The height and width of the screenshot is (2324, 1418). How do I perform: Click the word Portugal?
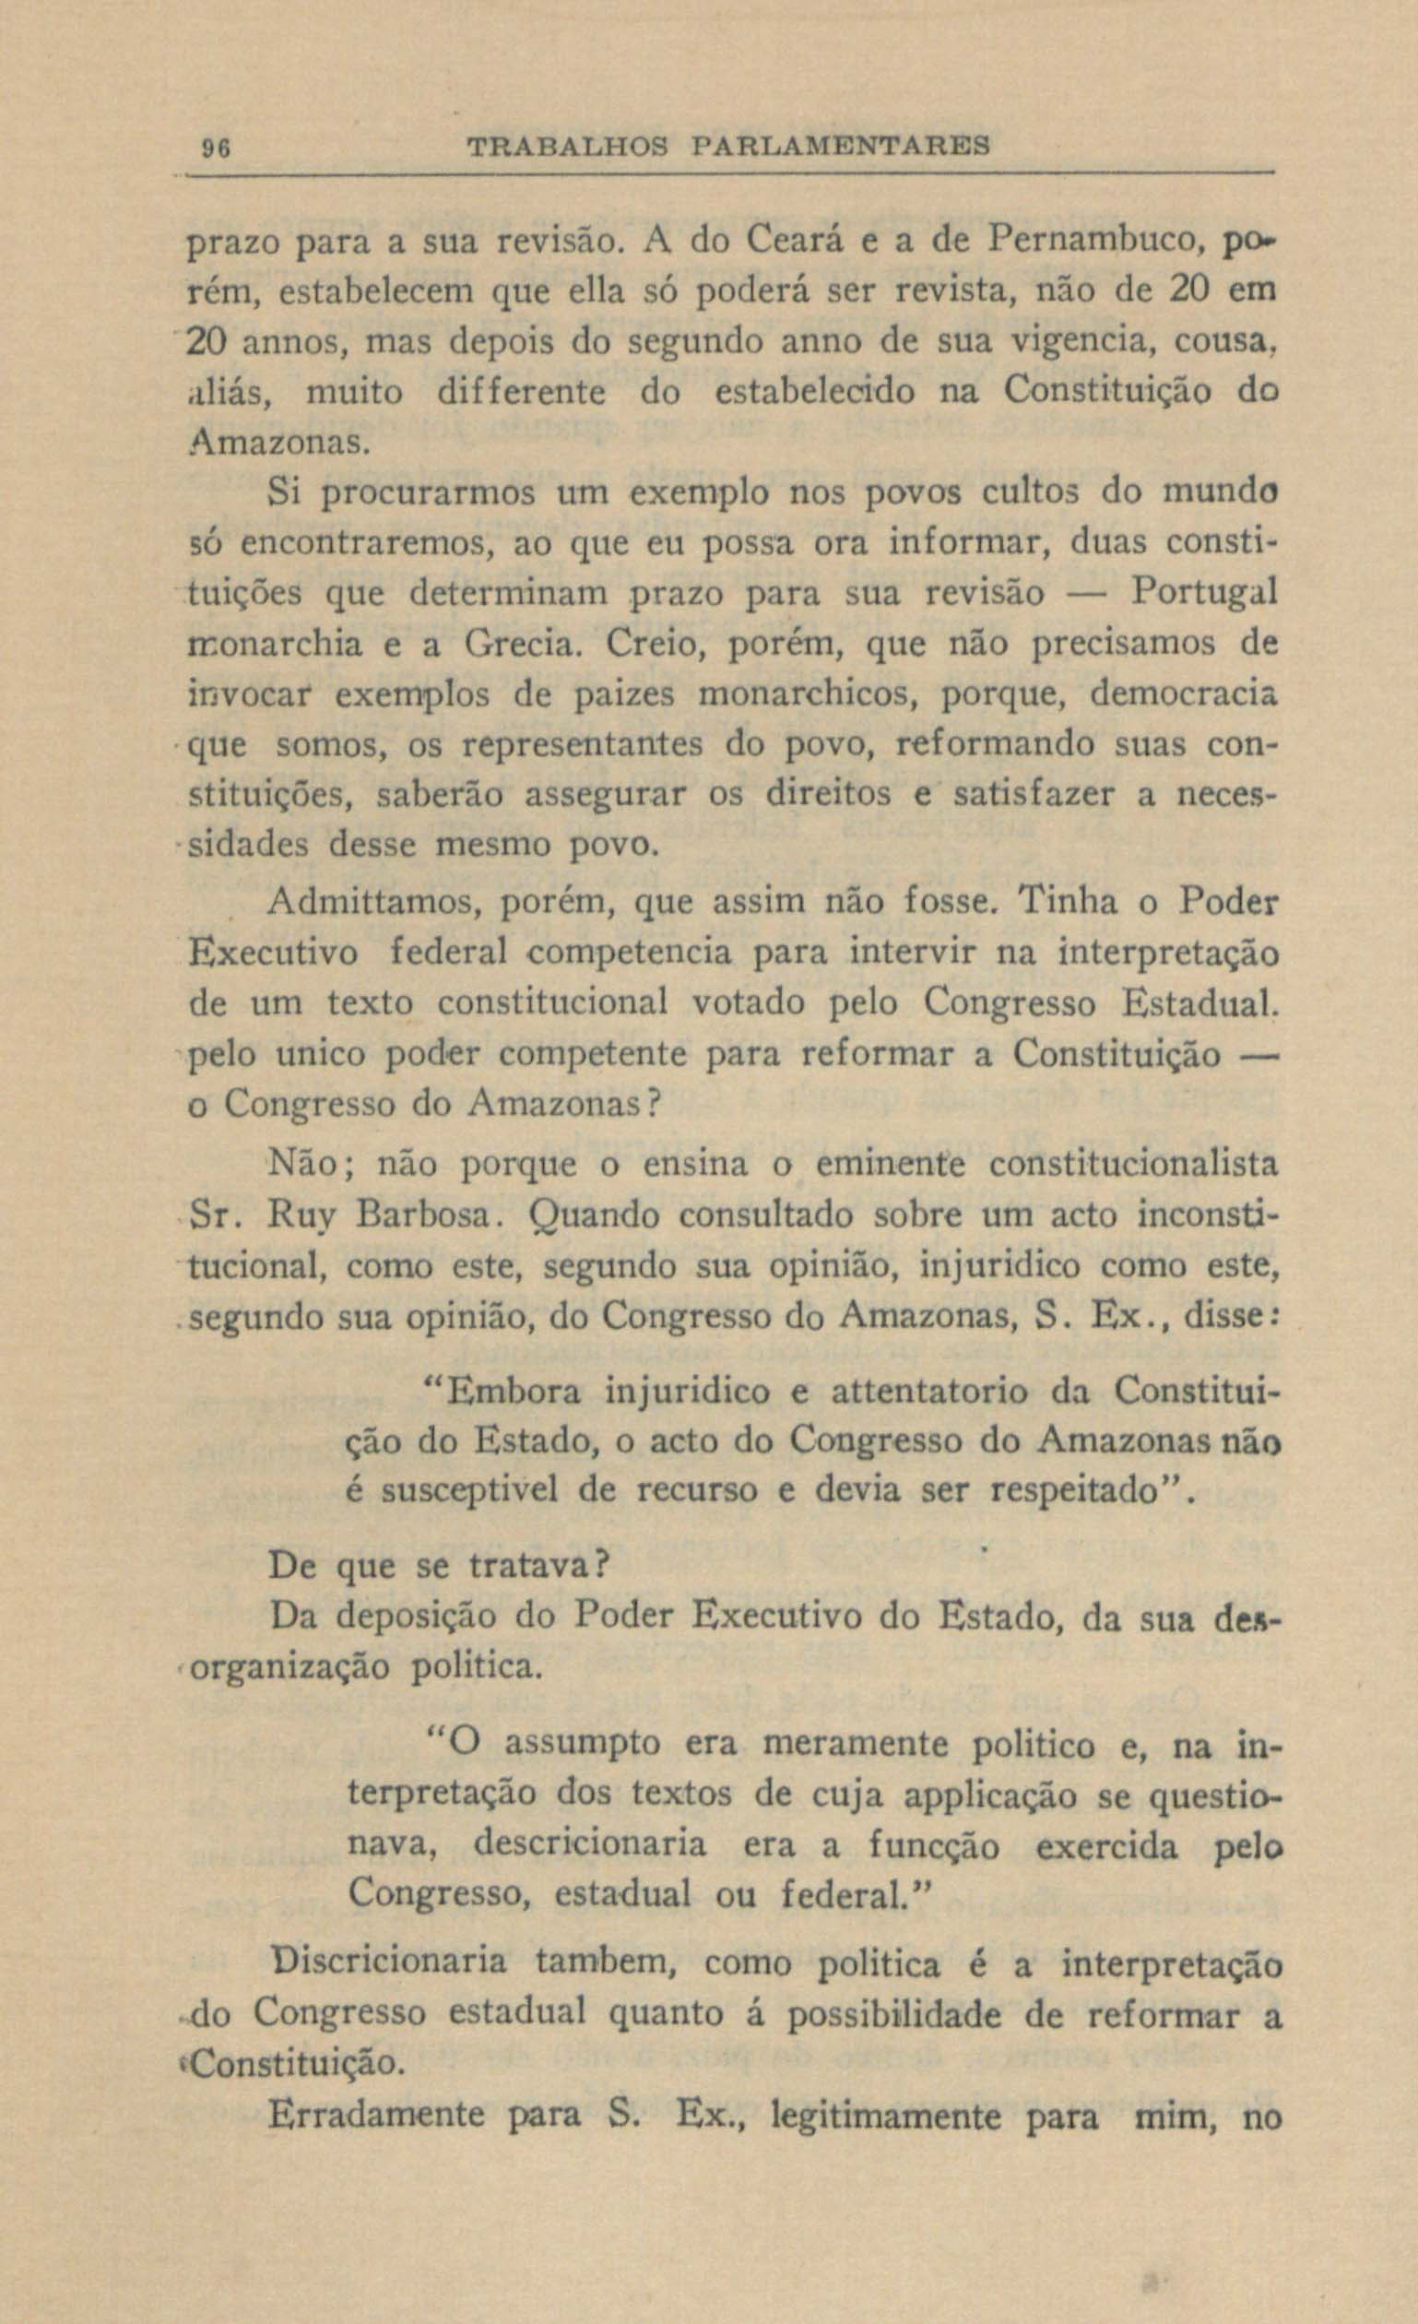click(1204, 591)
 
